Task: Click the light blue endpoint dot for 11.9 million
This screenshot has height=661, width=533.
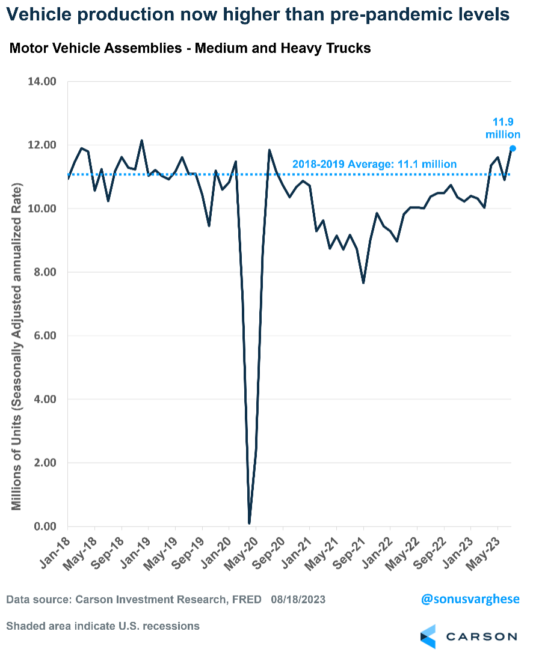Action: (x=513, y=148)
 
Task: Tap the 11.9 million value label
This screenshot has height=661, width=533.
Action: (x=503, y=128)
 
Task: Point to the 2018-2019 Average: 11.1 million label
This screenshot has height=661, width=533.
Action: (x=374, y=163)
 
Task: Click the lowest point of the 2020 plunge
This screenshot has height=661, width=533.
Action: (x=249, y=523)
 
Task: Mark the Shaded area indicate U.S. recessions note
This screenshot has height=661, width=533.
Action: (x=103, y=626)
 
